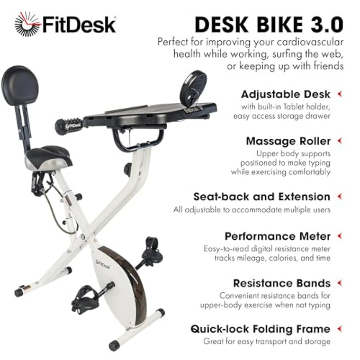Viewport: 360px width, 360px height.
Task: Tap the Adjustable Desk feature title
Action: click(x=286, y=94)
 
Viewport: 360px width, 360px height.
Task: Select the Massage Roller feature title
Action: click(x=288, y=141)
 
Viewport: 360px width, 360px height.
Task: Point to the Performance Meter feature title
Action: click(x=278, y=236)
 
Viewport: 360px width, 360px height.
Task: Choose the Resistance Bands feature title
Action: click(x=282, y=283)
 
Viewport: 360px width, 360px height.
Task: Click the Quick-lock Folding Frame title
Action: click(x=260, y=329)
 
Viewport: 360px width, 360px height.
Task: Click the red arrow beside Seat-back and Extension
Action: click(x=340, y=196)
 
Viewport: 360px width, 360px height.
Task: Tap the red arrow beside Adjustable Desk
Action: click(x=340, y=94)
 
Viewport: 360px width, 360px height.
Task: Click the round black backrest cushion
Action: click(x=20, y=84)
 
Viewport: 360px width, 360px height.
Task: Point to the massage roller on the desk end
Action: click(x=69, y=125)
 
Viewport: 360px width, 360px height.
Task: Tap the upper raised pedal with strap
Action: click(x=152, y=251)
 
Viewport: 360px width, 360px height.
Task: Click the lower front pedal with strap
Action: click(x=86, y=298)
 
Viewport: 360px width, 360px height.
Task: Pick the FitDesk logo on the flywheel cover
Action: click(x=103, y=264)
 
